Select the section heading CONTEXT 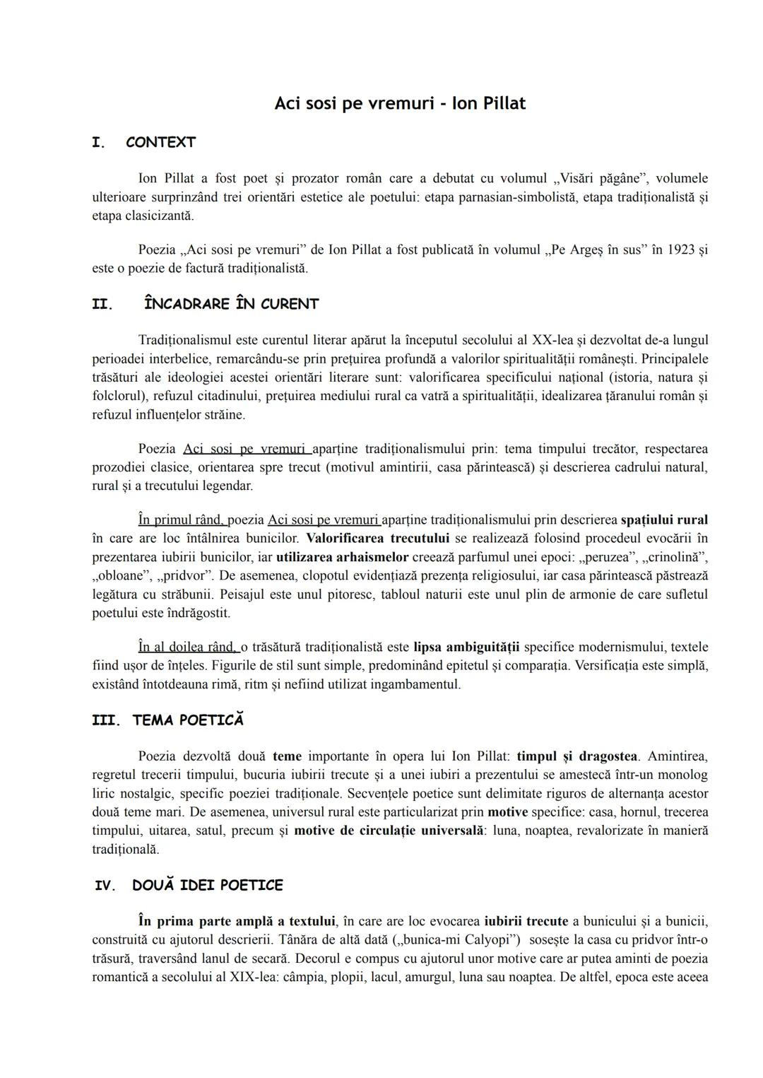tap(160, 142)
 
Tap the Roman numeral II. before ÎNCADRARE tap(103, 304)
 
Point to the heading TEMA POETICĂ tap(188, 720)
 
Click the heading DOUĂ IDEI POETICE tap(208, 885)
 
